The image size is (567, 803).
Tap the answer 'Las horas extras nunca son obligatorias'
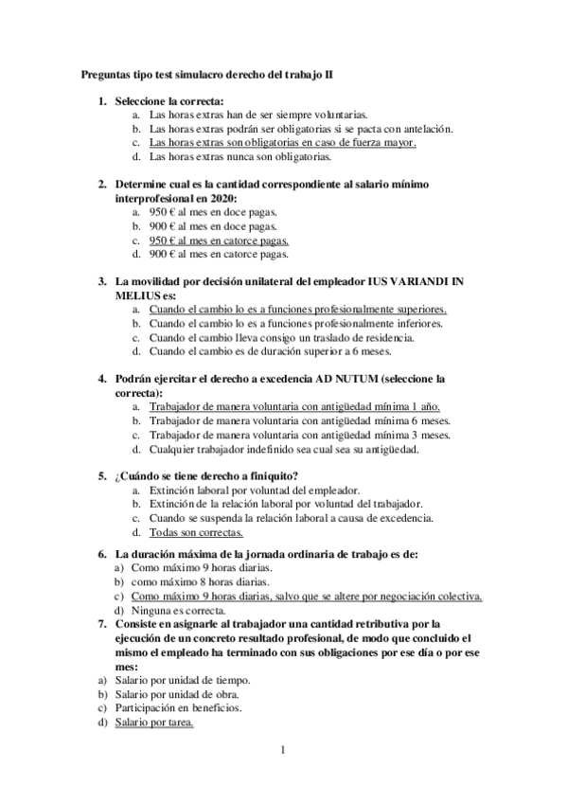point(240,157)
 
